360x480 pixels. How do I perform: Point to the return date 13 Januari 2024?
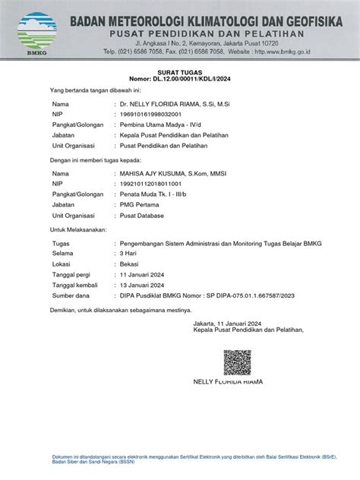(145, 283)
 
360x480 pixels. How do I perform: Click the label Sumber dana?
(71, 295)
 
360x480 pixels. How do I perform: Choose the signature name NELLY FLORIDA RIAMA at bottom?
(228, 381)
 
